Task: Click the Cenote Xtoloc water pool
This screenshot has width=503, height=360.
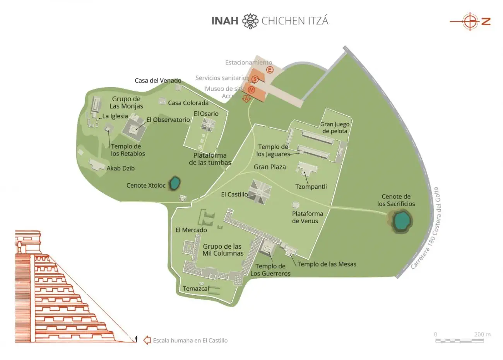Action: [175, 183]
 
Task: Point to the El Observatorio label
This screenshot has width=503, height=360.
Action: [168, 120]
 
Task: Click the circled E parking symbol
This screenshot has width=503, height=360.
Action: [270, 70]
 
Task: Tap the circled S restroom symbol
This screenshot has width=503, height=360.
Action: [255, 79]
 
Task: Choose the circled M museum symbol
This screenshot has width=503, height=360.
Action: [251, 90]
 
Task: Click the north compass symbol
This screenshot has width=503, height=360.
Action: [470, 21]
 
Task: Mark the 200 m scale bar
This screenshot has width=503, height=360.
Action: [459, 341]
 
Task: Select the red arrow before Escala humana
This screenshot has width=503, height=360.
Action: [147, 340]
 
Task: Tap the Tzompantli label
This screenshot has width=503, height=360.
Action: [311, 187]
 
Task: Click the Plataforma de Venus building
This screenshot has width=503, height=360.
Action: [296, 205]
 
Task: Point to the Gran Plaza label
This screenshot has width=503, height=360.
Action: [270, 167]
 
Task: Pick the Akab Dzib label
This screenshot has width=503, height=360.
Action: [121, 168]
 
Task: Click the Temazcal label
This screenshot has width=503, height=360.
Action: [196, 289]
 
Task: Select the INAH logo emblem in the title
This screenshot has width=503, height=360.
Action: [250, 21]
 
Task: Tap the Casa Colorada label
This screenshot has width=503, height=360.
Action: [188, 103]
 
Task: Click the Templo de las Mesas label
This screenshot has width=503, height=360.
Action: [327, 264]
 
